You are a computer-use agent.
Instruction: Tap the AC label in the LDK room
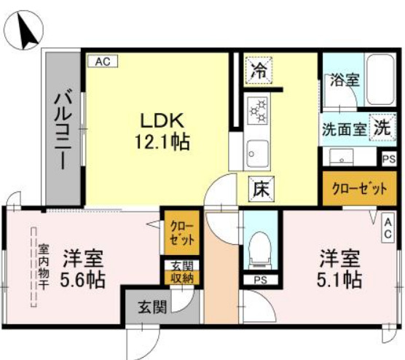pos(102,62)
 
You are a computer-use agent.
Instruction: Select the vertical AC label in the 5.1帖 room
pos(389,228)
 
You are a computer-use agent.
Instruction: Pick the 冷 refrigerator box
pos(259,71)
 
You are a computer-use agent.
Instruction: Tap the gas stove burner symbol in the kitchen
pos(258,110)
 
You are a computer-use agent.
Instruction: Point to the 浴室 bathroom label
pos(345,80)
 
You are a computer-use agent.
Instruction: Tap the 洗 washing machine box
pos(382,126)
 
